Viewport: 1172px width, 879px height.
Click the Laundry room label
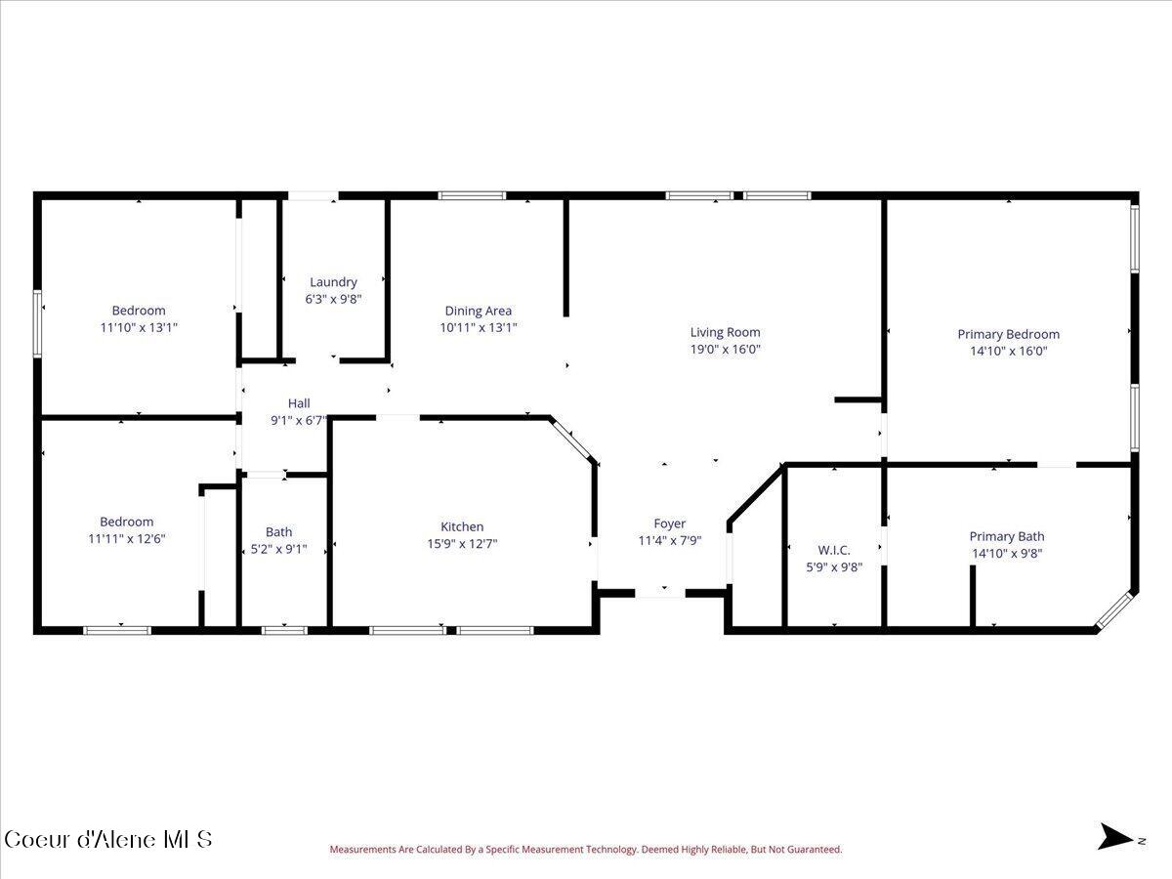pos(333,282)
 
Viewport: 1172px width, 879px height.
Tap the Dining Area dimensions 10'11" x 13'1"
pos(478,328)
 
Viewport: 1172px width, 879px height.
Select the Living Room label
pos(725,332)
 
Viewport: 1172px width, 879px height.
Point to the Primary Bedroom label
pos(1008,334)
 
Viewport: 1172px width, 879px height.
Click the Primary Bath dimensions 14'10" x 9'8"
pos(1006,554)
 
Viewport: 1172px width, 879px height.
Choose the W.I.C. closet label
pos(833,550)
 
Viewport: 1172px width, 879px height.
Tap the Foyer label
pos(669,523)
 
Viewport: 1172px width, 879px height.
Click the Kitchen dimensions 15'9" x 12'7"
pos(462,544)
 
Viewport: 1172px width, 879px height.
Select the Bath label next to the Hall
pos(278,532)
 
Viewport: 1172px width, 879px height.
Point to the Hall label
pos(298,403)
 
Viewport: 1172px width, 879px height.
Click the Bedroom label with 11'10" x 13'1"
pos(139,311)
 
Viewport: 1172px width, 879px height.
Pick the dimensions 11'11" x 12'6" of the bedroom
pos(126,538)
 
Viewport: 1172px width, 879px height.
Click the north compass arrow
pos(1115,837)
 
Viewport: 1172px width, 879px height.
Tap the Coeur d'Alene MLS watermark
pos(107,839)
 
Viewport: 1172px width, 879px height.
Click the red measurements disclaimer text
pos(585,850)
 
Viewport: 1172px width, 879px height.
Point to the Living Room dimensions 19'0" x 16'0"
pos(725,349)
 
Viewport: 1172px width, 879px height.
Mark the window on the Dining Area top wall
pos(472,195)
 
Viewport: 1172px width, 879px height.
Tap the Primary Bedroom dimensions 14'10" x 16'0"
pos(1008,352)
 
